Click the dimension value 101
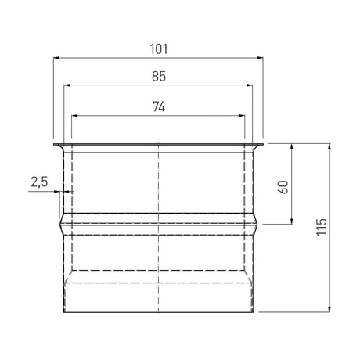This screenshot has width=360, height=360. [159, 49]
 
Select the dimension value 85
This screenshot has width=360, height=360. [159, 77]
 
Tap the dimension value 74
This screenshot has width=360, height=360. [159, 106]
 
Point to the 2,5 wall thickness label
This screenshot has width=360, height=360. [39, 182]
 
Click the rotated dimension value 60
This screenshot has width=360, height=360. [283, 187]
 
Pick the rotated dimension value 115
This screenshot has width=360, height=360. [322, 227]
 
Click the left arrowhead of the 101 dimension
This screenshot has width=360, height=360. [56, 58]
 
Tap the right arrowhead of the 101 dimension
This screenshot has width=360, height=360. [260, 58]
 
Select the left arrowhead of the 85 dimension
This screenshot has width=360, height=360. [67, 85]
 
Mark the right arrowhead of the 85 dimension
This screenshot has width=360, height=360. [250, 85]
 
